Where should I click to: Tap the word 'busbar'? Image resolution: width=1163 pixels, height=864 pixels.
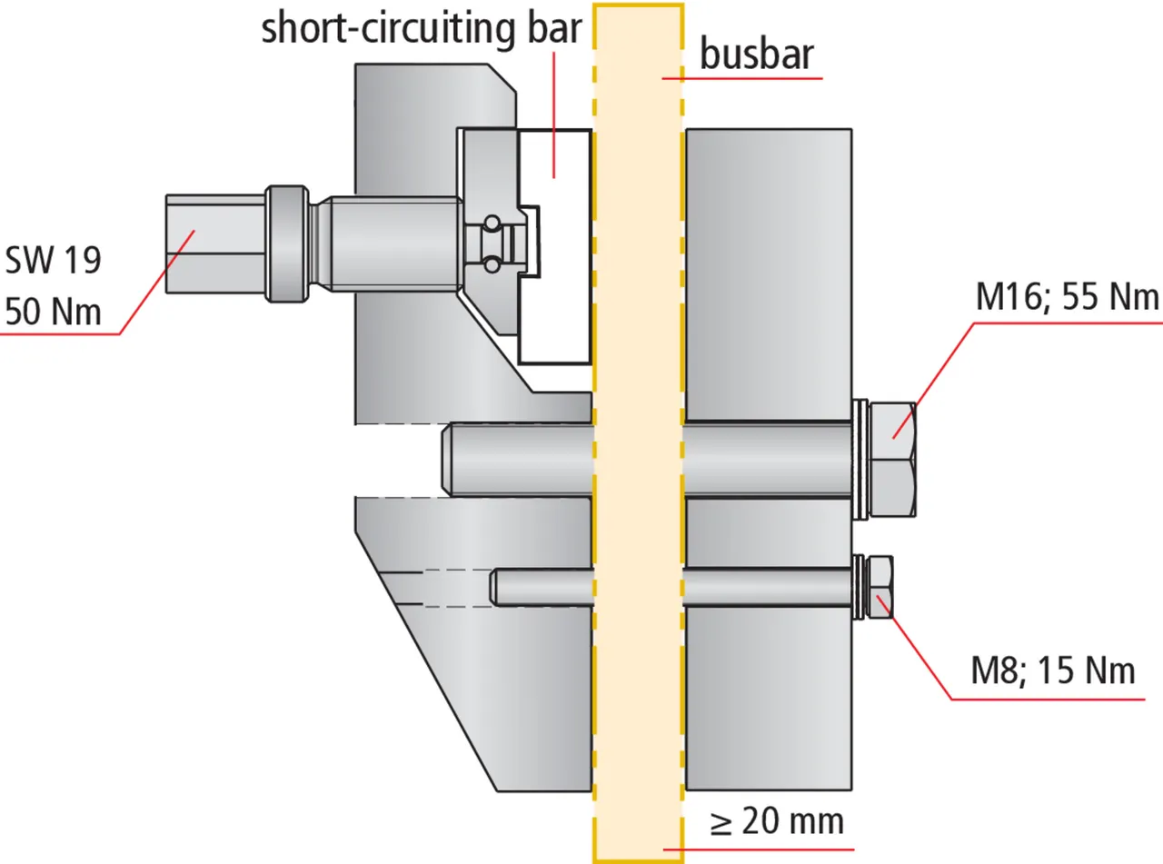pyautogui.click(x=756, y=56)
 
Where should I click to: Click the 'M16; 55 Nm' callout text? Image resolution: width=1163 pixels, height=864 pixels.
pyautogui.click(x=1067, y=298)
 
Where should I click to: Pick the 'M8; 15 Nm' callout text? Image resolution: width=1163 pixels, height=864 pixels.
pyautogui.click(x=1053, y=671)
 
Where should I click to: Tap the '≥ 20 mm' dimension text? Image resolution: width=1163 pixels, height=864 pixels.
pyautogui.click(x=777, y=821)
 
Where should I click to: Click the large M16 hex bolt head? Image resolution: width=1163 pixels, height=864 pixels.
pyautogui.click(x=892, y=461)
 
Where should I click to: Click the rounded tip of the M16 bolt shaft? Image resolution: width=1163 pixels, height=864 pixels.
pyautogui.click(x=447, y=461)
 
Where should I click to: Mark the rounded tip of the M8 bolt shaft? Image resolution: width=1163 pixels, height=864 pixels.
pyautogui.click(x=496, y=586)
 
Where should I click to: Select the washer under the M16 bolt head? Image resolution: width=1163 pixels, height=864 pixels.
pyautogui.click(x=859, y=461)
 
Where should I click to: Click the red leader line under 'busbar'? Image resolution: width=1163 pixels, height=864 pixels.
pyautogui.click(x=741, y=79)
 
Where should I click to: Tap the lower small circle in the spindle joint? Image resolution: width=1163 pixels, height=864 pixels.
pyautogui.click(x=491, y=264)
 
